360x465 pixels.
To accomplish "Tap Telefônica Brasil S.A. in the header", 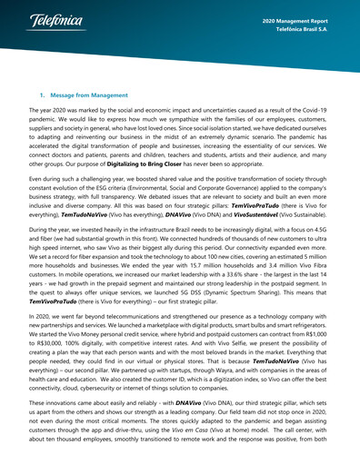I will point(309,29).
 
